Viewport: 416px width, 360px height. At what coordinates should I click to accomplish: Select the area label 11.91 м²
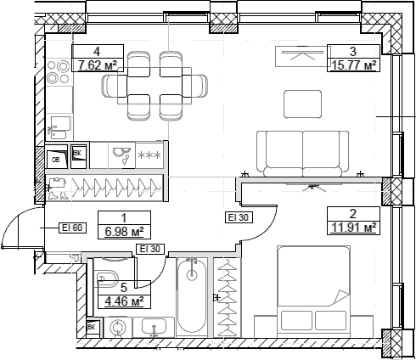point(351,226)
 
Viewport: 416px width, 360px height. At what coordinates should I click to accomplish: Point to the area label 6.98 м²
point(123,229)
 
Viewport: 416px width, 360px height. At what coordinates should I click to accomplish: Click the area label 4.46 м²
point(124,299)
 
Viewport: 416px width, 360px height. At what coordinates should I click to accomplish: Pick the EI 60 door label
point(72,227)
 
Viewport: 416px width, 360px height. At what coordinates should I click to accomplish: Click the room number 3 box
point(351,50)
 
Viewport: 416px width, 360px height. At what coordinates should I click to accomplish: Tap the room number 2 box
point(351,214)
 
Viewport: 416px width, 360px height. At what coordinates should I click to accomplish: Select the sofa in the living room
point(302,152)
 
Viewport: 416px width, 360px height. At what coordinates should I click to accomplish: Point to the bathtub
point(192,297)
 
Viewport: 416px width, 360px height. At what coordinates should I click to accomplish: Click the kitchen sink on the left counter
point(58,129)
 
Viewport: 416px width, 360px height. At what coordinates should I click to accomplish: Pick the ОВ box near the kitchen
point(55,158)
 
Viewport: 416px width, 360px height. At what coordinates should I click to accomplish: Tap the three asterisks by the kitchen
point(149,155)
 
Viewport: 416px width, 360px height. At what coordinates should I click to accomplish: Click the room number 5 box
point(124,287)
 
